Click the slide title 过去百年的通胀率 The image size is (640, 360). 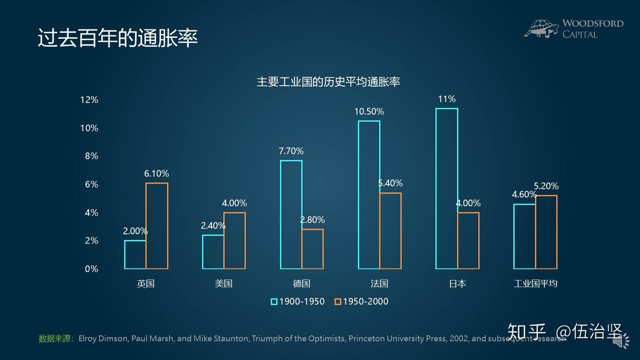[118, 39]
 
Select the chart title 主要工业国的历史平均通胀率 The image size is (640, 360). [328, 82]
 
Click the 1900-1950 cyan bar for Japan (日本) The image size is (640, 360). [447, 188]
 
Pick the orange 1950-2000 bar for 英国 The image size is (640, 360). [157, 226]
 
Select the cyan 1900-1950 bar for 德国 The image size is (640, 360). [291, 215]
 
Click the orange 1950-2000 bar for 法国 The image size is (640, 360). [390, 231]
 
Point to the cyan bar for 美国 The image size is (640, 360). [213, 252]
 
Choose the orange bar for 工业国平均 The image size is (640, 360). [546, 232]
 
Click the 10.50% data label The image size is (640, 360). [369, 112]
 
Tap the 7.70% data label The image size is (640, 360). [291, 151]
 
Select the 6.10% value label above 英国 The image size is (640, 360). [156, 174]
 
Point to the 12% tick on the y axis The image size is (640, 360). [89, 100]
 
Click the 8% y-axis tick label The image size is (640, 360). [91, 156]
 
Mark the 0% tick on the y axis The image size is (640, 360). [91, 269]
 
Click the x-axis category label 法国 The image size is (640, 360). [379, 284]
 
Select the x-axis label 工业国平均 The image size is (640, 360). [535, 284]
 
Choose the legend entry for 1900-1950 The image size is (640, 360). [298, 301]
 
